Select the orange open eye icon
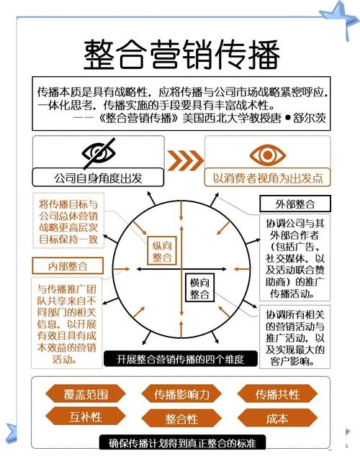click(x=266, y=153)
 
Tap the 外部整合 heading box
click(x=289, y=204)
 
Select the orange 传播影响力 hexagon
click(x=181, y=394)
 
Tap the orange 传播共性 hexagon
click(x=277, y=394)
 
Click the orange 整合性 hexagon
click(x=181, y=419)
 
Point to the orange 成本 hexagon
click(x=277, y=417)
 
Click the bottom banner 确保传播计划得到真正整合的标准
click(x=181, y=442)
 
